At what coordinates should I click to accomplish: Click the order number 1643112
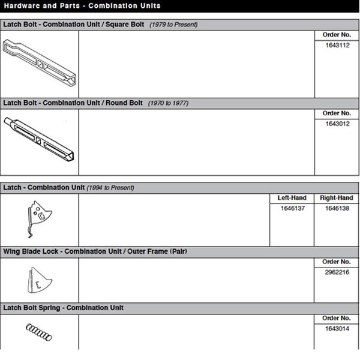click(337, 46)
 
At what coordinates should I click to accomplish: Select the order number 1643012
click(337, 124)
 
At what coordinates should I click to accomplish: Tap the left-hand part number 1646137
click(292, 208)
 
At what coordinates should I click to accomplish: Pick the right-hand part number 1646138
click(337, 208)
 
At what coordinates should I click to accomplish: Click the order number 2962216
click(337, 272)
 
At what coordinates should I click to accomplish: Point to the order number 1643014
click(337, 328)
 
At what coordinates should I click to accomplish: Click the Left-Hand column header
click(292, 198)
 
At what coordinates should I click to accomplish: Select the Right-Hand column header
click(337, 198)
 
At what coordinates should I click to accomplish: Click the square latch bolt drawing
click(40, 62)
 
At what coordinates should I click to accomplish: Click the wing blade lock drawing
click(37, 280)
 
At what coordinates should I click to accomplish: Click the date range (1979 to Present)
click(173, 25)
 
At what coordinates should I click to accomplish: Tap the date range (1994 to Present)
click(110, 188)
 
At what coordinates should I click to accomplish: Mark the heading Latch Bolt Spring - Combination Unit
click(64, 308)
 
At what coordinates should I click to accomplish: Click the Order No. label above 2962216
click(337, 262)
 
